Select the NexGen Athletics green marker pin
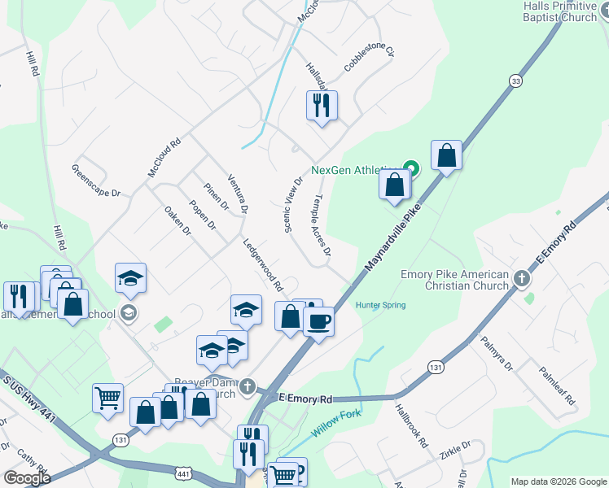coord(412,169)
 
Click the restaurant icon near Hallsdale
coord(322,105)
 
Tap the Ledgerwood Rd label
coord(262,264)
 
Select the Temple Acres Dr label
coord(322,225)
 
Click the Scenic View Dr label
coord(294,205)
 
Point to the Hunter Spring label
coord(380,306)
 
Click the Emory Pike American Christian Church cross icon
coord(522,279)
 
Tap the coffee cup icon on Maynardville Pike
coord(318,320)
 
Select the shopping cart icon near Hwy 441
coord(107,398)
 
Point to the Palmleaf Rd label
coord(557,385)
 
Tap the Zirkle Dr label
coord(454,447)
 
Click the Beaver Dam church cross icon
coord(248,386)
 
